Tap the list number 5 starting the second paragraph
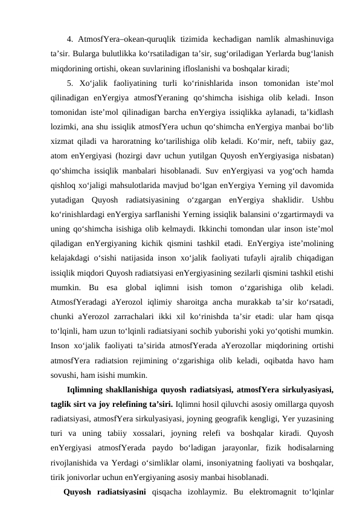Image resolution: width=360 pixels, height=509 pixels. pyautogui.click(x=69, y=83)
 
